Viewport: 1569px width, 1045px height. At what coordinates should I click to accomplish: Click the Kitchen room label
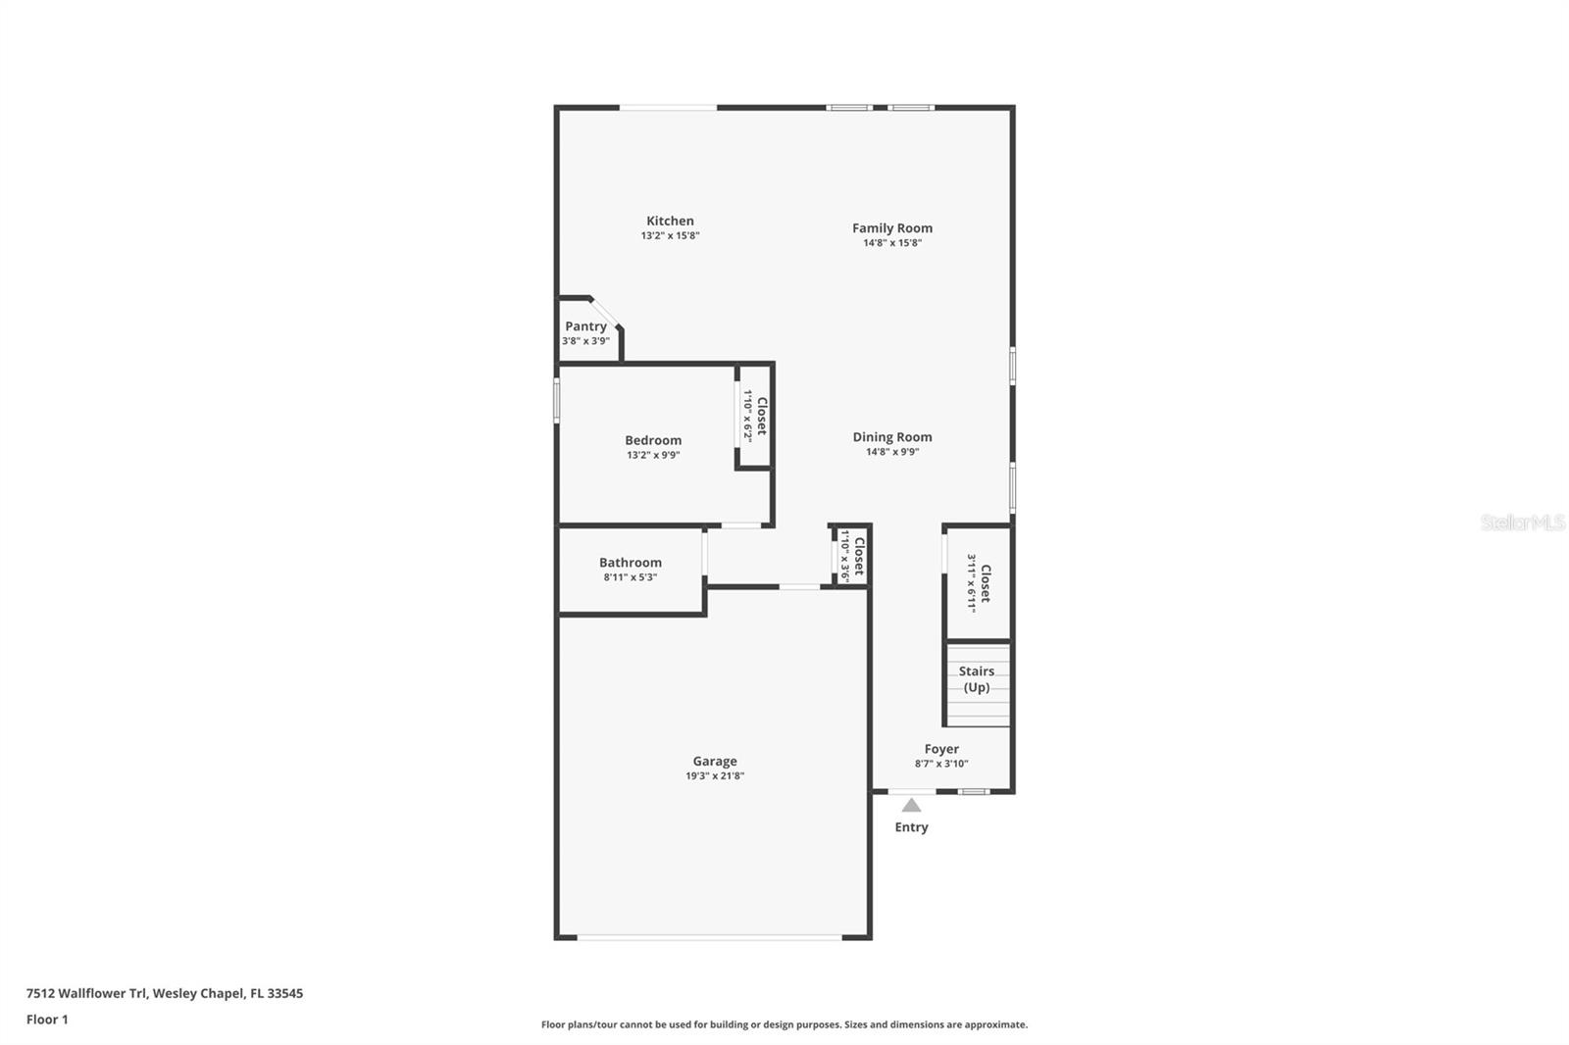point(670,221)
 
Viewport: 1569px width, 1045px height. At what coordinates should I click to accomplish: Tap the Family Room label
point(891,227)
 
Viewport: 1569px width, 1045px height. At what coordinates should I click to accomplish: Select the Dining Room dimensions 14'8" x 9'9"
point(892,452)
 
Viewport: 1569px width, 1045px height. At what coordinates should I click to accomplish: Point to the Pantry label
point(585,326)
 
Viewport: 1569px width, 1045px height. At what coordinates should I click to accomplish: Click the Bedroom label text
point(653,440)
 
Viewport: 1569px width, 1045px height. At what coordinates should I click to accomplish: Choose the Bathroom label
point(630,562)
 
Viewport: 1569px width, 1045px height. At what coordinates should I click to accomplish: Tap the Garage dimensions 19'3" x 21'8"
point(715,775)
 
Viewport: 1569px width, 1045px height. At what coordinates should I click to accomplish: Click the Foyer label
point(941,749)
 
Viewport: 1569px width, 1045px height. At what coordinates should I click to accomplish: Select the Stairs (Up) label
point(977,678)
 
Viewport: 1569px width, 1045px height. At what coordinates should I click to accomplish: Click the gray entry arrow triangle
point(911,806)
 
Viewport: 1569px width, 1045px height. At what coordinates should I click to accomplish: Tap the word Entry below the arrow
point(911,827)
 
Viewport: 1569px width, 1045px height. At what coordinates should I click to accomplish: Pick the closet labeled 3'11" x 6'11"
point(979,583)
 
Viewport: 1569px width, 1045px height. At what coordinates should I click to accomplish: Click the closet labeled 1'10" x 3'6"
point(852,556)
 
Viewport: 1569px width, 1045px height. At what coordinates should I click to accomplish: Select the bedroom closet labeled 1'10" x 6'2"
point(755,416)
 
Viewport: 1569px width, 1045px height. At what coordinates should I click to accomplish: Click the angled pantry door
point(604,313)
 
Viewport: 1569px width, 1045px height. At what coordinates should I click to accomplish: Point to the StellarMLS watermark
point(1523,522)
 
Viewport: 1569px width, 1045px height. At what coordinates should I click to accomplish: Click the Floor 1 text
point(47,1020)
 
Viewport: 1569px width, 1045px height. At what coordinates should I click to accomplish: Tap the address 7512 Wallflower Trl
point(87,993)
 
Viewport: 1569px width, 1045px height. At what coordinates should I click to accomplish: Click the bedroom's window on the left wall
point(557,401)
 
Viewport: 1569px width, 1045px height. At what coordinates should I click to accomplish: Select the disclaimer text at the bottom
point(784,1024)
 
